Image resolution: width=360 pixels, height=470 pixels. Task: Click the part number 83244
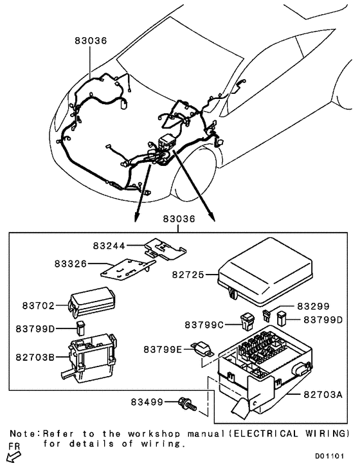coord(109,245)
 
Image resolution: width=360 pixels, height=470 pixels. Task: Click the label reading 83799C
coord(204,324)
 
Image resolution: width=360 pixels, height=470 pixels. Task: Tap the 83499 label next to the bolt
coord(147,402)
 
